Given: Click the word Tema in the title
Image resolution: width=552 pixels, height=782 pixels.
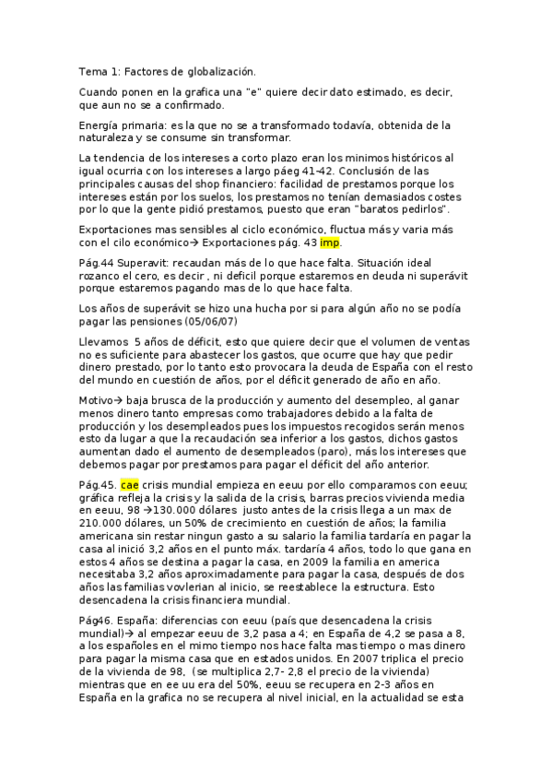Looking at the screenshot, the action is tap(91, 70).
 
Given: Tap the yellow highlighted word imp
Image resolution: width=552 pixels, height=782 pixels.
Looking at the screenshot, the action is tap(330, 243).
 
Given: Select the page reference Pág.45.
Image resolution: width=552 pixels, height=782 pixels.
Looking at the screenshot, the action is tap(97, 486).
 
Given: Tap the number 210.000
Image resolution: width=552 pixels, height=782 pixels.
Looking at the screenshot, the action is tap(100, 523).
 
